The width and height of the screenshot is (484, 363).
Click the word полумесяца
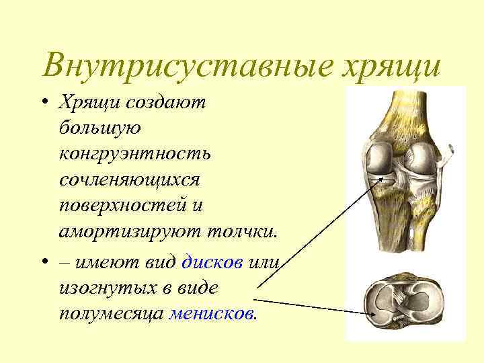[111, 313]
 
